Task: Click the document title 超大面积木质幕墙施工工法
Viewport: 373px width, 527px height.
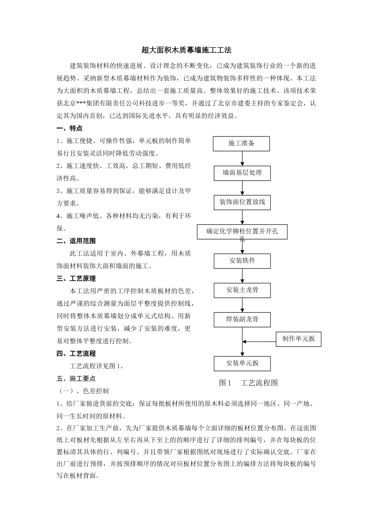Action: click(x=186, y=50)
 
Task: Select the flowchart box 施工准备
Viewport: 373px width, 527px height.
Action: click(x=241, y=144)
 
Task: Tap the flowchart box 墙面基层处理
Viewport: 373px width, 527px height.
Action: click(x=242, y=173)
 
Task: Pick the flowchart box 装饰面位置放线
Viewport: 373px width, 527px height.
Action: click(x=242, y=202)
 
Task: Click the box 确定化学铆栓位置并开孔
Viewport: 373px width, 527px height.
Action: click(x=242, y=232)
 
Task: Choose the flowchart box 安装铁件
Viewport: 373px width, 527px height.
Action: click(x=242, y=261)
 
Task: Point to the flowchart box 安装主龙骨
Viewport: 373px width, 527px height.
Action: click(x=242, y=291)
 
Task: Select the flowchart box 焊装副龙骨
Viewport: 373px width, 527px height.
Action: click(x=242, y=320)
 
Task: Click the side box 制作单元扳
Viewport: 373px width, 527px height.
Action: click(x=298, y=339)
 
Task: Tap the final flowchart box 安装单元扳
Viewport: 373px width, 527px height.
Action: click(x=242, y=363)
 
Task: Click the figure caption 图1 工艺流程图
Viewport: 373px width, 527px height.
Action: click(x=248, y=383)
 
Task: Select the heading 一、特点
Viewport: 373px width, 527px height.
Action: click(x=69, y=128)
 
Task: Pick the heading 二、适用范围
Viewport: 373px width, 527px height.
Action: click(x=76, y=241)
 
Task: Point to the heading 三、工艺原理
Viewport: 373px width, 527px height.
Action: click(x=76, y=278)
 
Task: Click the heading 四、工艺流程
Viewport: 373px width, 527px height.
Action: click(x=76, y=353)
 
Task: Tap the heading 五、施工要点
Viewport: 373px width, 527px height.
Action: click(x=76, y=378)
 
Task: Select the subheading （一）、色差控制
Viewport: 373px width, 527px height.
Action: click(x=84, y=391)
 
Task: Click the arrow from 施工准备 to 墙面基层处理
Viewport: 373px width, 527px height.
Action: click(x=242, y=158)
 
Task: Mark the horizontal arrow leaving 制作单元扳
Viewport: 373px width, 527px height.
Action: click(x=259, y=342)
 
